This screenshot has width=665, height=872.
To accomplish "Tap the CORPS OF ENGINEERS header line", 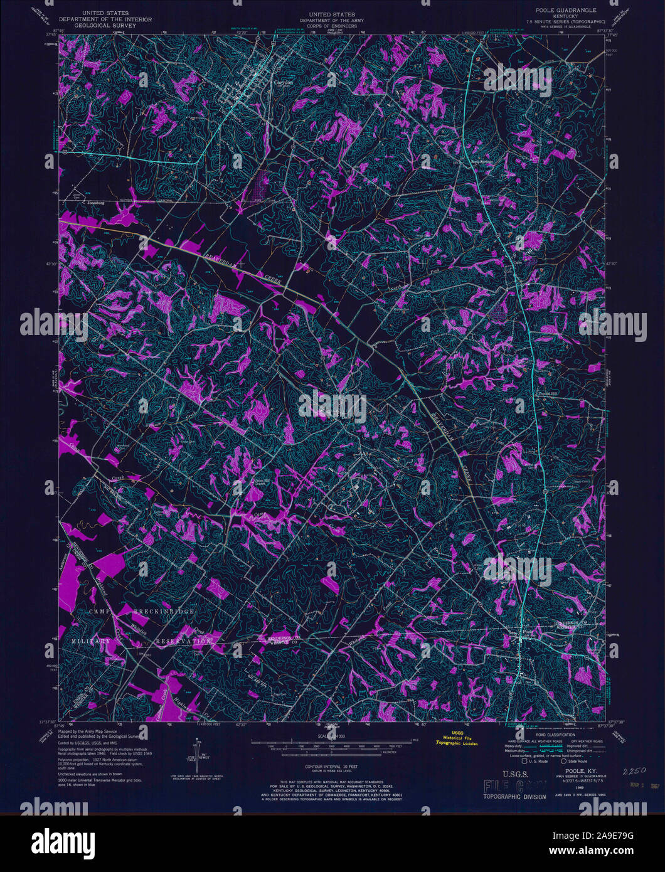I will tap(332, 28).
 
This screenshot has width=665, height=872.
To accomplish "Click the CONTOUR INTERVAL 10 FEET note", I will tap(332, 767).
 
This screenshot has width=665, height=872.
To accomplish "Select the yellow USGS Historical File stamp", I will tap(457, 740).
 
